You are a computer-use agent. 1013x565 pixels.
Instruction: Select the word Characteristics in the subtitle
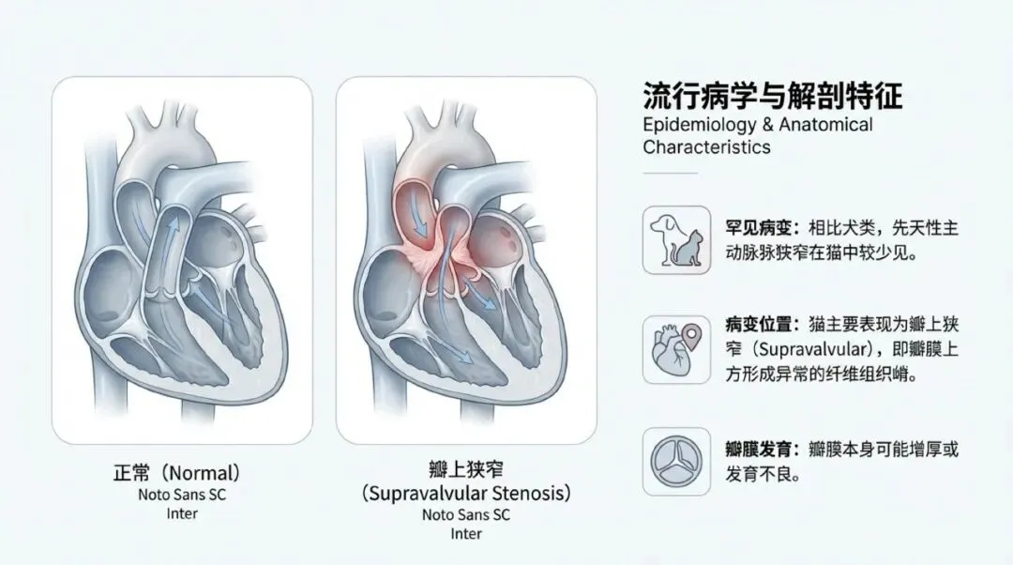click(706, 147)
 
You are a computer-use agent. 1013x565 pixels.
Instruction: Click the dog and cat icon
click(676, 239)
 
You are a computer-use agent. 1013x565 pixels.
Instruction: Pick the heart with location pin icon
click(676, 349)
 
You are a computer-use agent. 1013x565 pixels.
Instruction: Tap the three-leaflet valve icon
click(676, 461)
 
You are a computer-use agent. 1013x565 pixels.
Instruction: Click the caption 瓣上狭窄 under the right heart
click(465, 468)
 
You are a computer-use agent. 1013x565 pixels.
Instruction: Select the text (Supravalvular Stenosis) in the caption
click(466, 492)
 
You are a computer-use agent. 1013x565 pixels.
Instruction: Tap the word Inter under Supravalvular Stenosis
click(466, 534)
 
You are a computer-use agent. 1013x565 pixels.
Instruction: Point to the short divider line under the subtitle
click(670, 173)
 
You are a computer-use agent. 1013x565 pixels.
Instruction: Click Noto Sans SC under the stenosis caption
click(466, 514)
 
